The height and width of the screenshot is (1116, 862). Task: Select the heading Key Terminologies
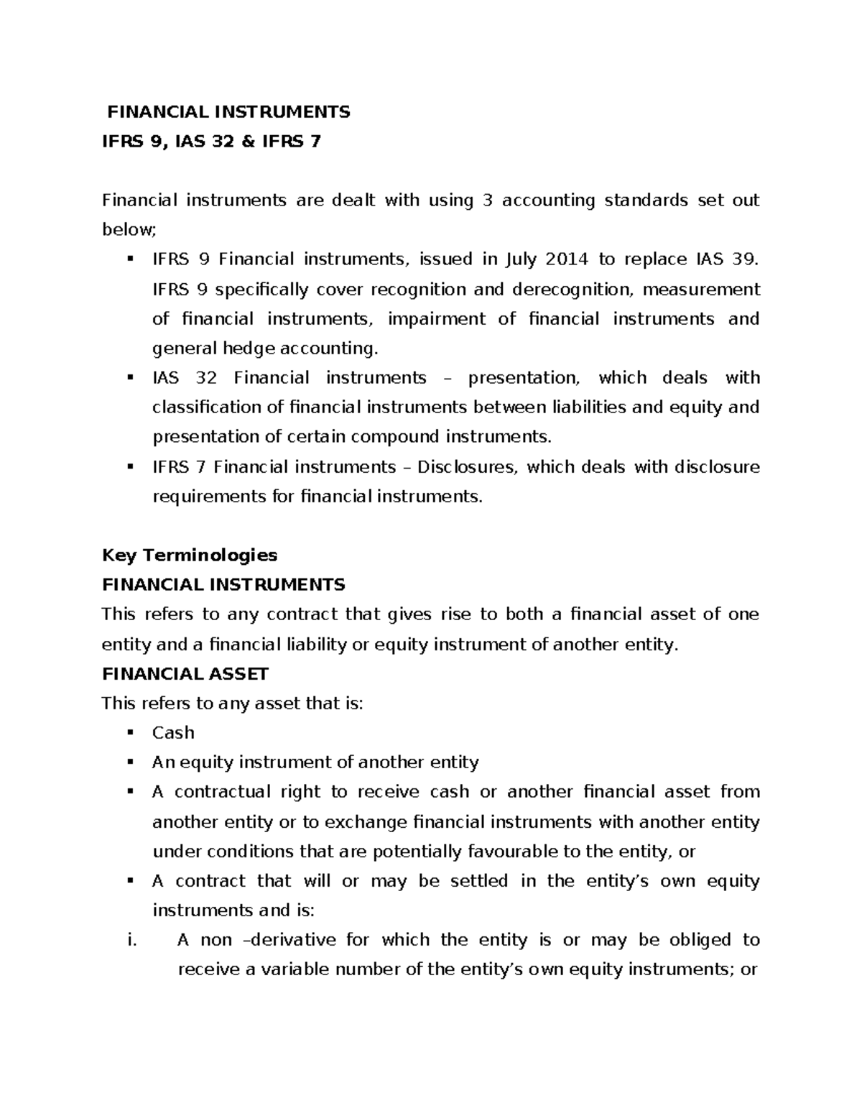click(190, 555)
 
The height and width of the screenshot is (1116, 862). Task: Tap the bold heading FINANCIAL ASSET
click(185, 673)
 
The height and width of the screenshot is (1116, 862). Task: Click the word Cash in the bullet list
click(173, 732)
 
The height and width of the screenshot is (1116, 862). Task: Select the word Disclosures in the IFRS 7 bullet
click(467, 467)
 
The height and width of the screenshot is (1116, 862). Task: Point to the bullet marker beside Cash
click(130, 732)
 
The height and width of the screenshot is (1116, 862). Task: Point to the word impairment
click(436, 319)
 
